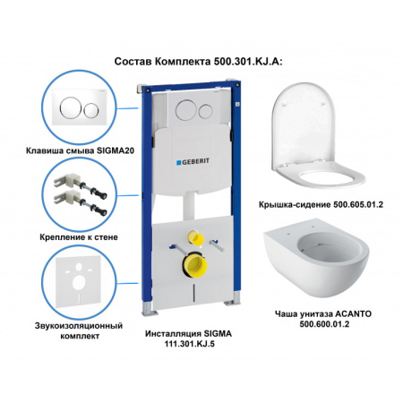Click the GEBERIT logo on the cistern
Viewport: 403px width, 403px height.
193,162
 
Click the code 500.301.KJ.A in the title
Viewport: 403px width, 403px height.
247,62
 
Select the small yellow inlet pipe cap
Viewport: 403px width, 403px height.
195,237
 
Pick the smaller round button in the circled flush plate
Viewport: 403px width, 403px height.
91,110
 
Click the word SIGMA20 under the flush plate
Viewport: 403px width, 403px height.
116,150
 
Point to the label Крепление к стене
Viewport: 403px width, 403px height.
79,237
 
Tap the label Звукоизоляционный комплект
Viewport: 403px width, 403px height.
79,330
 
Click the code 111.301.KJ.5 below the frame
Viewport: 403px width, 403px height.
189,344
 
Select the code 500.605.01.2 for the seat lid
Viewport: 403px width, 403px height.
358,205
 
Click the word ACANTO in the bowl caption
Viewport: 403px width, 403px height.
354,314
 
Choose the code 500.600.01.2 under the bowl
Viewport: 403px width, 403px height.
324,324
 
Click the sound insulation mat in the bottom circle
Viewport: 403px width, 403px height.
79,282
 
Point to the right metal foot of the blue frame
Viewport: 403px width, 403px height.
234,299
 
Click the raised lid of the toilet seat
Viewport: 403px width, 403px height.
303,124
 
